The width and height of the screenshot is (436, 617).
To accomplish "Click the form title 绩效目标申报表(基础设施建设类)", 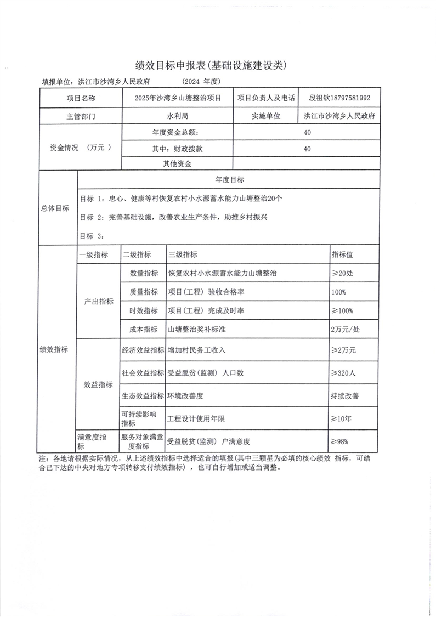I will click(211, 65).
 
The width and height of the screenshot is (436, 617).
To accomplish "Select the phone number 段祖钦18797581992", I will click(340, 98).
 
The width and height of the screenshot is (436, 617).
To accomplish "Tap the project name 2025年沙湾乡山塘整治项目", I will click(178, 98).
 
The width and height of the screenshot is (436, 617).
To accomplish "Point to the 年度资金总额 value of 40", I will click(307, 133).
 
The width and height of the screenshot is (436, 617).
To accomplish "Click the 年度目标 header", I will click(230, 180).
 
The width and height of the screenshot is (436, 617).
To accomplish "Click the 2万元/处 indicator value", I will click(345, 329).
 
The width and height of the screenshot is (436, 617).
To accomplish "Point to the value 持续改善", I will click(345, 395).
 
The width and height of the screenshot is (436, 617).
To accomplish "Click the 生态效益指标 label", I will click(143, 395).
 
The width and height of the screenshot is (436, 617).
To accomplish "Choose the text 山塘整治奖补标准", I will click(199, 329).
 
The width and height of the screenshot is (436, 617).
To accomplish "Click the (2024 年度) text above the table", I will click(200, 82).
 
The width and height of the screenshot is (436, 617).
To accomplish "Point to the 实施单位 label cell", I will click(266, 116).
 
